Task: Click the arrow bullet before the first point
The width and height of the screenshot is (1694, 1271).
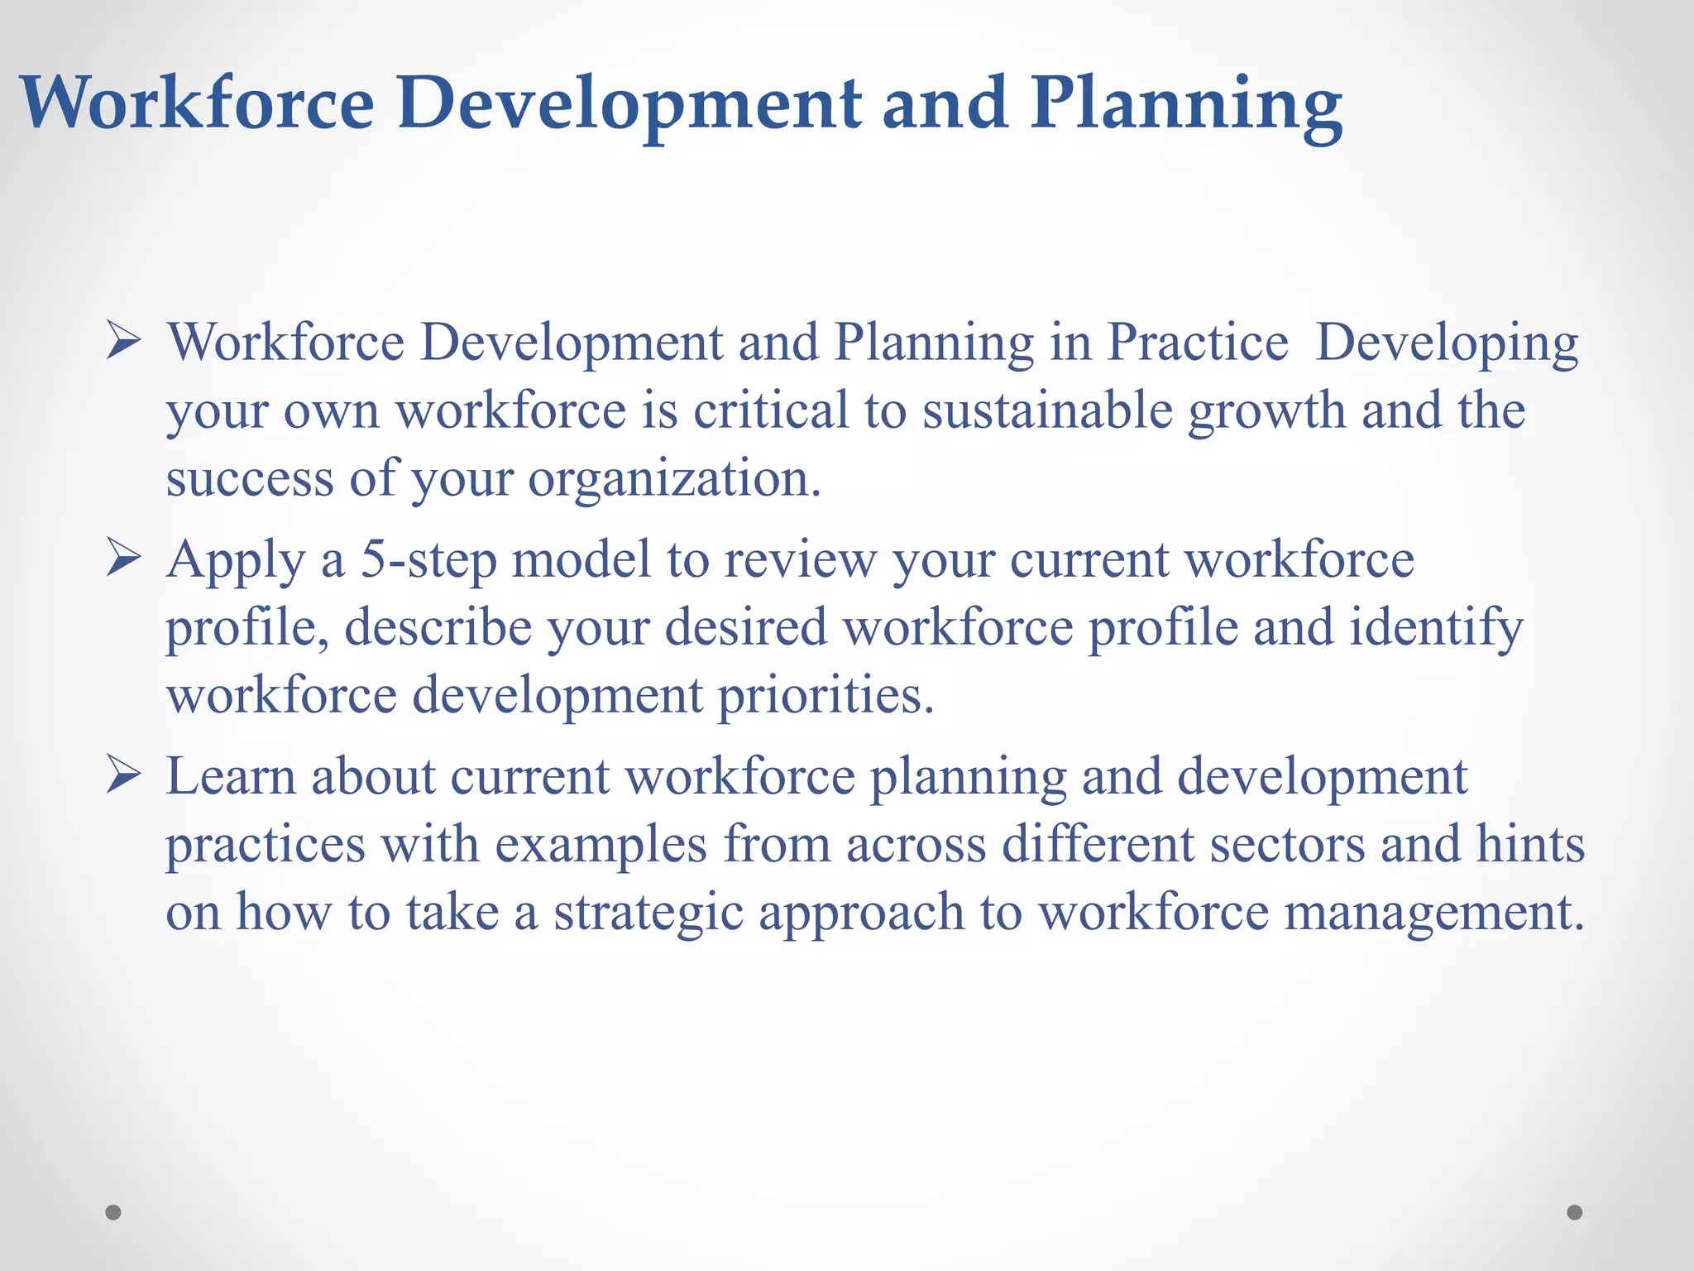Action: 124,342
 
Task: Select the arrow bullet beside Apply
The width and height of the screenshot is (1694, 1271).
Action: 124,559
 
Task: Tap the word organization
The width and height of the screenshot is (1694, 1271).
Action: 674,478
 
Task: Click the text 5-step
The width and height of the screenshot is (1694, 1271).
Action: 428,559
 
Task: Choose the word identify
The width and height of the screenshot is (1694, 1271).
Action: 1436,627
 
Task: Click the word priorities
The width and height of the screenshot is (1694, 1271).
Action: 825,695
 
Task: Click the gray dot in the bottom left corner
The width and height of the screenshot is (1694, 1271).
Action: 113,1212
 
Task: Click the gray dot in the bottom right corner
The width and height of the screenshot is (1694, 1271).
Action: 1575,1212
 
